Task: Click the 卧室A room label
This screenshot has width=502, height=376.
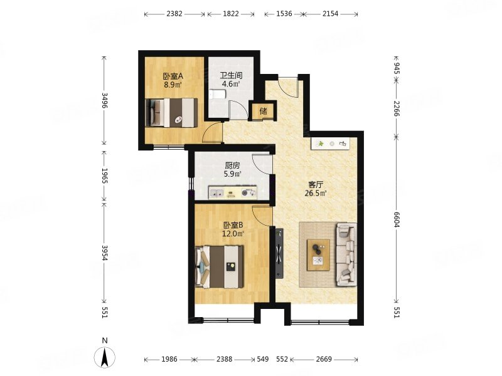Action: pyautogui.click(x=173, y=76)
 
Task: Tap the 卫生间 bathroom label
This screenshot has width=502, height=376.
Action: pyautogui.click(x=231, y=76)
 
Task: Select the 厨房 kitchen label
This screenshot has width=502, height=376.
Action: pyautogui.click(x=232, y=165)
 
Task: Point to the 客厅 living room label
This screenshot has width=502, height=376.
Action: pyautogui.click(x=316, y=184)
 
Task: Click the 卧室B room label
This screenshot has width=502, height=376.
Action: pyautogui.click(x=233, y=225)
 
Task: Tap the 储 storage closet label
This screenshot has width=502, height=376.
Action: pyautogui.click(x=263, y=111)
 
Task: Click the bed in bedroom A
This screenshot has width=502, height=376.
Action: pyautogui.click(x=171, y=113)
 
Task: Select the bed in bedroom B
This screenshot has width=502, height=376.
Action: pyautogui.click(x=220, y=266)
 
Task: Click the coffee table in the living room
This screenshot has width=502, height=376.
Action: pyautogui.click(x=319, y=255)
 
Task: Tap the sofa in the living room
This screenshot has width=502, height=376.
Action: pyautogui.click(x=346, y=254)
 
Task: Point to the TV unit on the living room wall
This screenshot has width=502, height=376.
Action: pyautogui.click(x=279, y=253)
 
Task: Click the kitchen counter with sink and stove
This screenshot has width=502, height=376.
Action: pyautogui.click(x=233, y=192)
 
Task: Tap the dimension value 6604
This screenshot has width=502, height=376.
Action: pyautogui.click(x=397, y=219)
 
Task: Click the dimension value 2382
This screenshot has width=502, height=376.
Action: pyautogui.click(x=174, y=14)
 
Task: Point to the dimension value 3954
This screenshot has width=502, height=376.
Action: pyautogui.click(x=104, y=253)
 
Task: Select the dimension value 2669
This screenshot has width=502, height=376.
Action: pyautogui.click(x=324, y=359)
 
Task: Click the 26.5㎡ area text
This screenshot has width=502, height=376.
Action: pyautogui.click(x=316, y=193)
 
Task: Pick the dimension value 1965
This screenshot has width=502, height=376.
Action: pyautogui.click(x=104, y=175)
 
